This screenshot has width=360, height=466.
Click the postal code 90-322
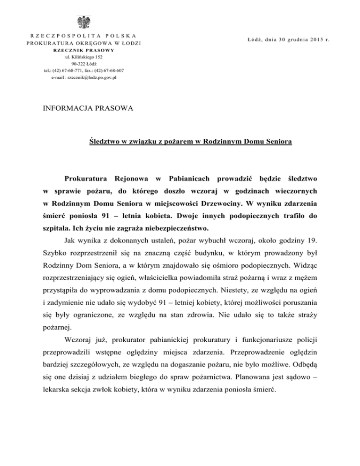[x=77, y=64]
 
